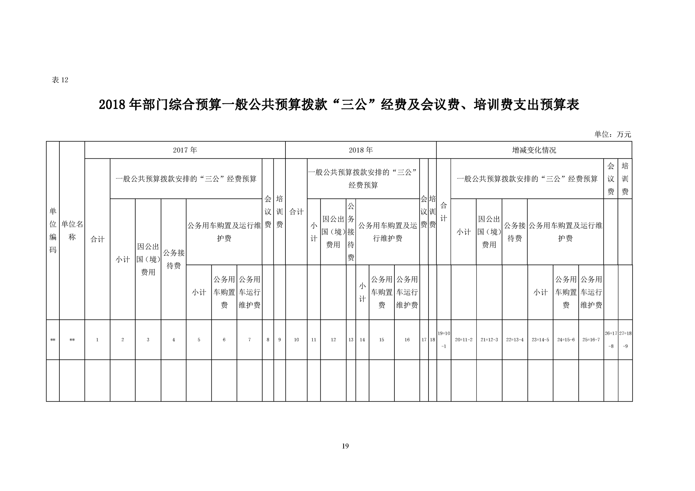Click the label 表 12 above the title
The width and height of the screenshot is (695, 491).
[60, 80]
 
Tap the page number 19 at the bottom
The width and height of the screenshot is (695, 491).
[345, 446]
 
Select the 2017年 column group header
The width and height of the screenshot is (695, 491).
[185, 150]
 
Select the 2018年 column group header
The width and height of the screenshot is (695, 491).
[361, 150]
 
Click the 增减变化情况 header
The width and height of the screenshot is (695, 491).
[534, 150]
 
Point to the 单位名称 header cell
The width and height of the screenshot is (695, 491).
[72, 230]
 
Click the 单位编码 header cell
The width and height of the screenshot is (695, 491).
[53, 230]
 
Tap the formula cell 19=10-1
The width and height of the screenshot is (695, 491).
[444, 340]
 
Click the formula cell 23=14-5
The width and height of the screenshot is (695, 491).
[540, 340]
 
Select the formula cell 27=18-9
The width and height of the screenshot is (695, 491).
[625, 340]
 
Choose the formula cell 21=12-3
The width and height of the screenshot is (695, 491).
[489, 340]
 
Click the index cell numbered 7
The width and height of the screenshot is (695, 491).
[250, 340]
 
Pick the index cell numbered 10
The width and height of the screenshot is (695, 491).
[296, 340]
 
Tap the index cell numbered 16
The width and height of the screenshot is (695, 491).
[407, 340]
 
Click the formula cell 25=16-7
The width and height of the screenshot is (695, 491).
[591, 340]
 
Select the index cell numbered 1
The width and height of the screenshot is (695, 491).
[97, 340]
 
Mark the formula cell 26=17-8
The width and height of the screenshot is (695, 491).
[611, 340]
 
